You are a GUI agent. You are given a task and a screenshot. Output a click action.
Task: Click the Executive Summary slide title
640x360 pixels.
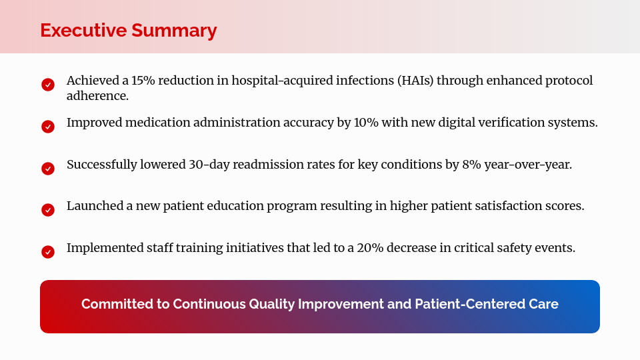pyautogui.click(x=128, y=31)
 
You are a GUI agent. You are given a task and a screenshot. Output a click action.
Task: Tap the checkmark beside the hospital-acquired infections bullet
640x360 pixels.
pyautogui.click(x=48, y=85)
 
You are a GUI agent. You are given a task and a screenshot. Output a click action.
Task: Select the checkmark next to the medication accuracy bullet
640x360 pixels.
pyautogui.click(x=48, y=127)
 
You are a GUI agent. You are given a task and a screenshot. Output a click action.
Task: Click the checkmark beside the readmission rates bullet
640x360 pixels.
pyautogui.click(x=48, y=169)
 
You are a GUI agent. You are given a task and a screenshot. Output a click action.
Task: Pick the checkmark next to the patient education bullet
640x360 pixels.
pyautogui.click(x=48, y=210)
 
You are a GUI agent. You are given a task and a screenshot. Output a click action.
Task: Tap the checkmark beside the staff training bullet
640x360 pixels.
pyautogui.click(x=48, y=252)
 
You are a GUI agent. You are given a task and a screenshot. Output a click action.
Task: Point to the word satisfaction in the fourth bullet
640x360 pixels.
pyautogui.click(x=511, y=206)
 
